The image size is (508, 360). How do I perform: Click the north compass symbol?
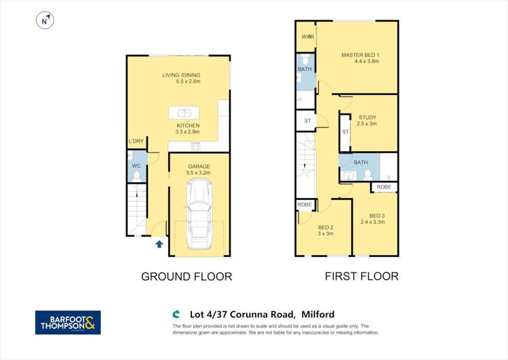pyautogui.click(x=45, y=21)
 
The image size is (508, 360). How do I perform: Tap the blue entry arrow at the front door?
pyautogui.click(x=159, y=243)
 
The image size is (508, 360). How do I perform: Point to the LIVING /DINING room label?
pyautogui.click(x=181, y=75)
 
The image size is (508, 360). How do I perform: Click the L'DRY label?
pyautogui.click(x=136, y=141)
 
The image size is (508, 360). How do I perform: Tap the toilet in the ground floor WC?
pyautogui.click(x=136, y=176)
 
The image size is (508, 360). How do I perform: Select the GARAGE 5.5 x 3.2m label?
pyautogui.click(x=199, y=169)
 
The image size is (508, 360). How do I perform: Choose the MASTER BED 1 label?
pyautogui.click(x=360, y=55)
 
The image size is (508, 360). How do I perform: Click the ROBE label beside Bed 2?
pyautogui.click(x=305, y=204)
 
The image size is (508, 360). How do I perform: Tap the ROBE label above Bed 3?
pyautogui.click(x=384, y=186)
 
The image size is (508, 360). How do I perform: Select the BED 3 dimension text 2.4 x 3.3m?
pyautogui.click(x=372, y=222)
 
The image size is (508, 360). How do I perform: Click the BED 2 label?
pyautogui.click(x=325, y=227)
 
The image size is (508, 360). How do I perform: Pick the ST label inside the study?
pyautogui.click(x=345, y=132)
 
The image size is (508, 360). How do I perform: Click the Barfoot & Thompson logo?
pyautogui.click(x=68, y=322)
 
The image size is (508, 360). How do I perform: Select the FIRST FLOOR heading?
pyautogui.click(x=362, y=276)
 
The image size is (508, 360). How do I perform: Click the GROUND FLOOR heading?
pyautogui.click(x=187, y=276)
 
